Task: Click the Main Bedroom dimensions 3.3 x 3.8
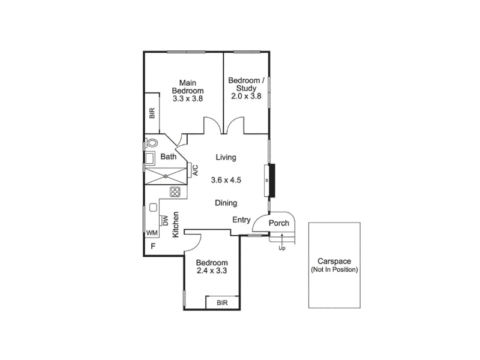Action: [x=188, y=98]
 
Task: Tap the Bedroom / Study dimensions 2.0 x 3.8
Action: [x=246, y=96]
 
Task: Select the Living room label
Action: [x=226, y=157]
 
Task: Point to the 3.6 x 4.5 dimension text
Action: [x=226, y=180]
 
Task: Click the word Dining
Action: [x=226, y=203]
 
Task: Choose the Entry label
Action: [x=241, y=220]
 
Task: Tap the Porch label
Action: [x=279, y=223]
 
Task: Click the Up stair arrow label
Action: [x=282, y=248]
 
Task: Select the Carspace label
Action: [x=334, y=262]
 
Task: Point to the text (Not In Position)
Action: [x=334, y=269]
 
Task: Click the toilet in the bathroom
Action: [x=152, y=143]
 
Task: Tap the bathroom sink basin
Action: [x=149, y=158]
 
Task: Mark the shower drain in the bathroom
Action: [x=166, y=176]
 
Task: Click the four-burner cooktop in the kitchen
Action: [x=175, y=192]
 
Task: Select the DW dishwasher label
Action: [x=166, y=220]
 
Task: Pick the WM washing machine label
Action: [x=152, y=233]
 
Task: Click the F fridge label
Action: [x=154, y=246]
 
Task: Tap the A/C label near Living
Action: [x=196, y=170]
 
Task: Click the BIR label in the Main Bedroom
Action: [x=152, y=113]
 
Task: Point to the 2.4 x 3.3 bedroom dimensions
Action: [x=212, y=271]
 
